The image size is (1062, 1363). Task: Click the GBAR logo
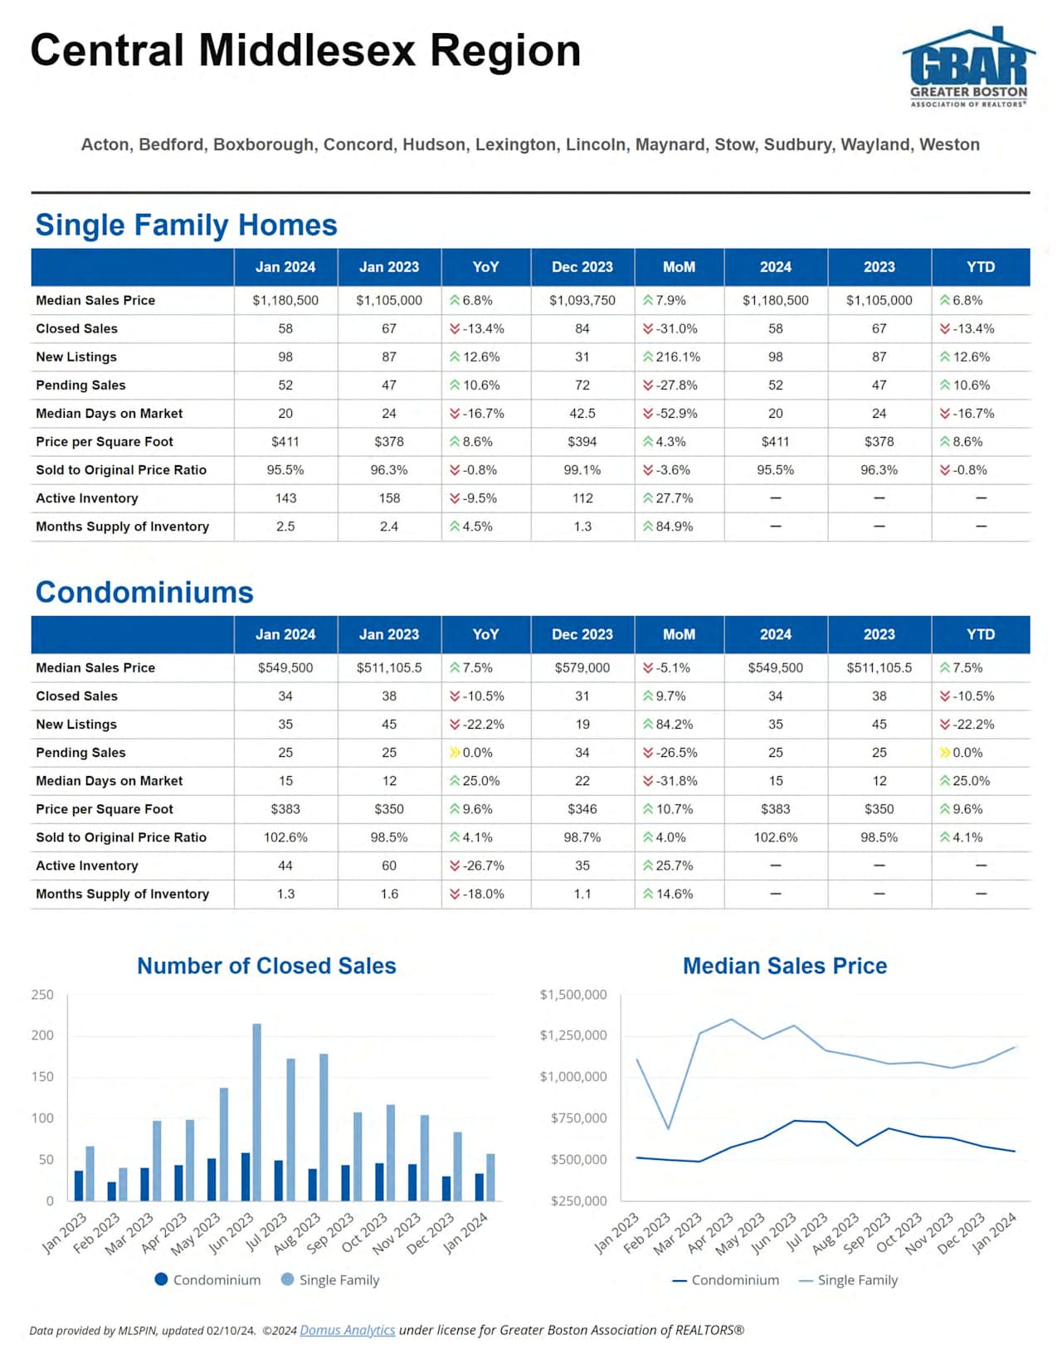968,66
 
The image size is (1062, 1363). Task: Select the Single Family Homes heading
186,225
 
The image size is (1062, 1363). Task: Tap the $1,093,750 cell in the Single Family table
582,300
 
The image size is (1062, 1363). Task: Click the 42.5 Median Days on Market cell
582,413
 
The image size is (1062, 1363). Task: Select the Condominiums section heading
144,592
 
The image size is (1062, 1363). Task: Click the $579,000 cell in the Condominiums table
582,667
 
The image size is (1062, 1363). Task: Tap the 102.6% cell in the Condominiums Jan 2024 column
285,837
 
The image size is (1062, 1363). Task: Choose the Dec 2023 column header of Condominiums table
582,634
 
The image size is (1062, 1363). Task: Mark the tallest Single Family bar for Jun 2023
257,1111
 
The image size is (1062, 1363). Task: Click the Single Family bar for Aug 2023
324,1128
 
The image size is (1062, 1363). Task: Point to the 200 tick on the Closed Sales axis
42,1036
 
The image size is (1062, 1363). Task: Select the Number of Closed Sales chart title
266,966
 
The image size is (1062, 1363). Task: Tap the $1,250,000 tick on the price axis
573,1036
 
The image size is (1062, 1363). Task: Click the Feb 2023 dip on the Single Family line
668,1128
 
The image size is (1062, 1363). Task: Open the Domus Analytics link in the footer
347,1330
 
